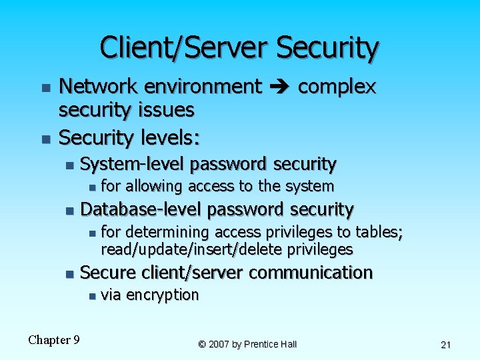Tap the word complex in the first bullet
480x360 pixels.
(337, 87)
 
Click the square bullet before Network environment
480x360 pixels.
(45, 88)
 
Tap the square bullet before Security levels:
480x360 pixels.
(45, 139)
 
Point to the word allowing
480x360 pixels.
(154, 186)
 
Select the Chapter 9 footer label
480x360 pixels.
(54, 340)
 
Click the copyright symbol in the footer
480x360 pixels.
(202, 345)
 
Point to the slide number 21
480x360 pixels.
(446, 345)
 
